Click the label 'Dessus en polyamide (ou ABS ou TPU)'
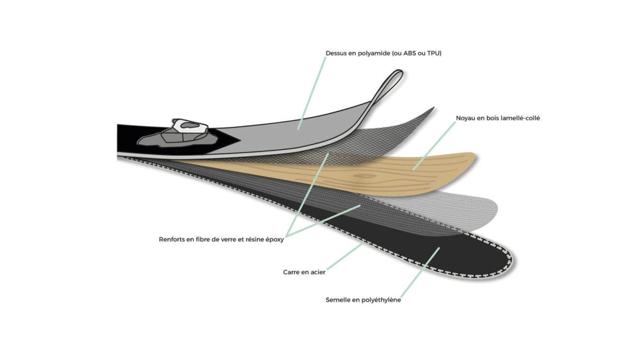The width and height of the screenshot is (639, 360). [383, 54]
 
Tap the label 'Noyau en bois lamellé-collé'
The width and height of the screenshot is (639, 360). [498, 118]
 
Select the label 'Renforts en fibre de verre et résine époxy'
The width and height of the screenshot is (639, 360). [221, 239]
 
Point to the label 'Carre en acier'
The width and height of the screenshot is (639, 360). [304, 272]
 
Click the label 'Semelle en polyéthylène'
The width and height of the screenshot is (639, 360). [363, 300]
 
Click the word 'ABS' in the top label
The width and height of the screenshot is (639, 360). [410, 54]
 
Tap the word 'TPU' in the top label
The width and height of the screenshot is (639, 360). [433, 54]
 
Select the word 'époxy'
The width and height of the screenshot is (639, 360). [274, 240]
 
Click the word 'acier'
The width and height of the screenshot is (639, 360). [317, 272]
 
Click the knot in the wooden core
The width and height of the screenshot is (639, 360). [365, 176]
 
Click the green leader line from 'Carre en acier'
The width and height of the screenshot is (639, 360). [345, 256]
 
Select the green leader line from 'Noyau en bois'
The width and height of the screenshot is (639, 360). [434, 146]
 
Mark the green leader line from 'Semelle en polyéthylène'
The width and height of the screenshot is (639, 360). [420, 273]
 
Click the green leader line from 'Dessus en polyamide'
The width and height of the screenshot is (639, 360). [311, 93]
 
